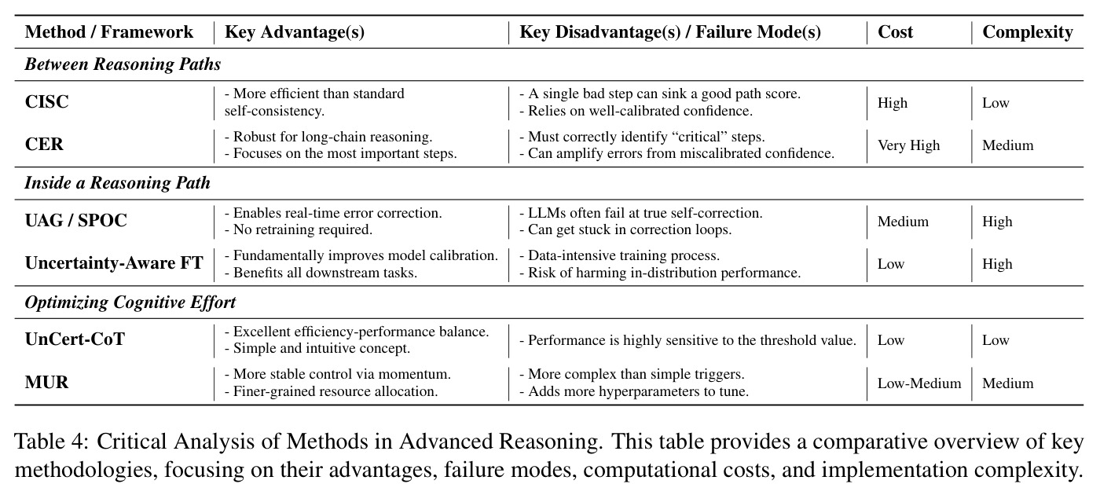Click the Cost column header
pos(895,32)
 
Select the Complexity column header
pos(1028,32)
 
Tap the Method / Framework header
pos(109,32)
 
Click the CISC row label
pos(46,101)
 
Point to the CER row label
pos(44,145)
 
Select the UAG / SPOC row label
pos(76,221)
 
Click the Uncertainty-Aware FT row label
pos(114,263)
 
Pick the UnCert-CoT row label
pos(75,339)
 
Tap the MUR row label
pos(46,382)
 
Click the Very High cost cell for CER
pos(908,145)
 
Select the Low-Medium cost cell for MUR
pos(919,383)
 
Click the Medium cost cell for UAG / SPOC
pos(903,222)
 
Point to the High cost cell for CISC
pos(893,103)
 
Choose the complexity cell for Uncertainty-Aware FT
pos(997,264)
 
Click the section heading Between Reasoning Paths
pos(123,64)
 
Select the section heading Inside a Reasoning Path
pos(117,182)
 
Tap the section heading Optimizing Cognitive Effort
pos(130,302)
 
